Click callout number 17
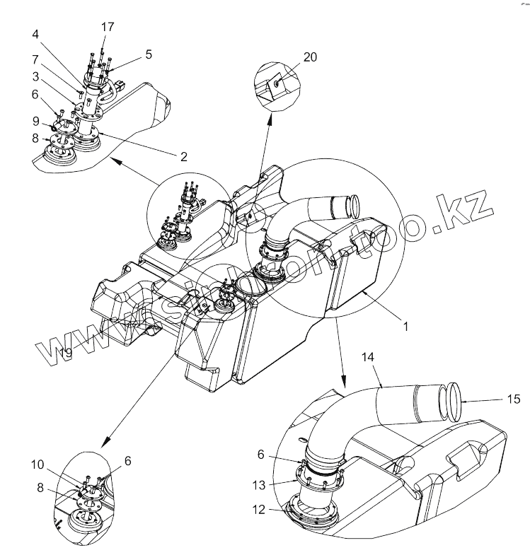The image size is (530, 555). click(x=108, y=28)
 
